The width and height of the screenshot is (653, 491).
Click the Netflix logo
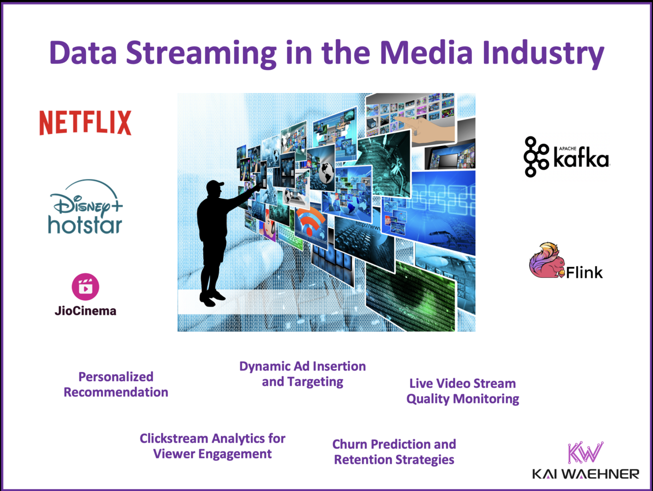[85, 123]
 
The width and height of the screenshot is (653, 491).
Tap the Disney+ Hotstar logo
[85, 208]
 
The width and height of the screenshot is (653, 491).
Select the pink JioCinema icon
[86, 287]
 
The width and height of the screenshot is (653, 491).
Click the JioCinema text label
[86, 311]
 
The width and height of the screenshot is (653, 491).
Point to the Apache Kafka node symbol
[536, 157]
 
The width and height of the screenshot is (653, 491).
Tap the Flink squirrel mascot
[546, 261]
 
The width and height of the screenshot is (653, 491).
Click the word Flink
[584, 272]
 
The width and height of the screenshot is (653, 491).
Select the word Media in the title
[426, 52]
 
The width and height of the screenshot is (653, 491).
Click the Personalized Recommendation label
[116, 384]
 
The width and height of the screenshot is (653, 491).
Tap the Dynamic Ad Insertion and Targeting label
[302, 374]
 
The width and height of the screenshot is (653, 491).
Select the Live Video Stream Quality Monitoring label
[463, 391]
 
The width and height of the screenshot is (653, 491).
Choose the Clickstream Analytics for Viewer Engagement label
[212, 446]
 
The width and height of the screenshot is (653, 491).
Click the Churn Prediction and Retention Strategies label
[394, 452]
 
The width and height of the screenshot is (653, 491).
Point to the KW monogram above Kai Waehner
[585, 452]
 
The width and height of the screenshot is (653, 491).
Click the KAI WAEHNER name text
[585, 474]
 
